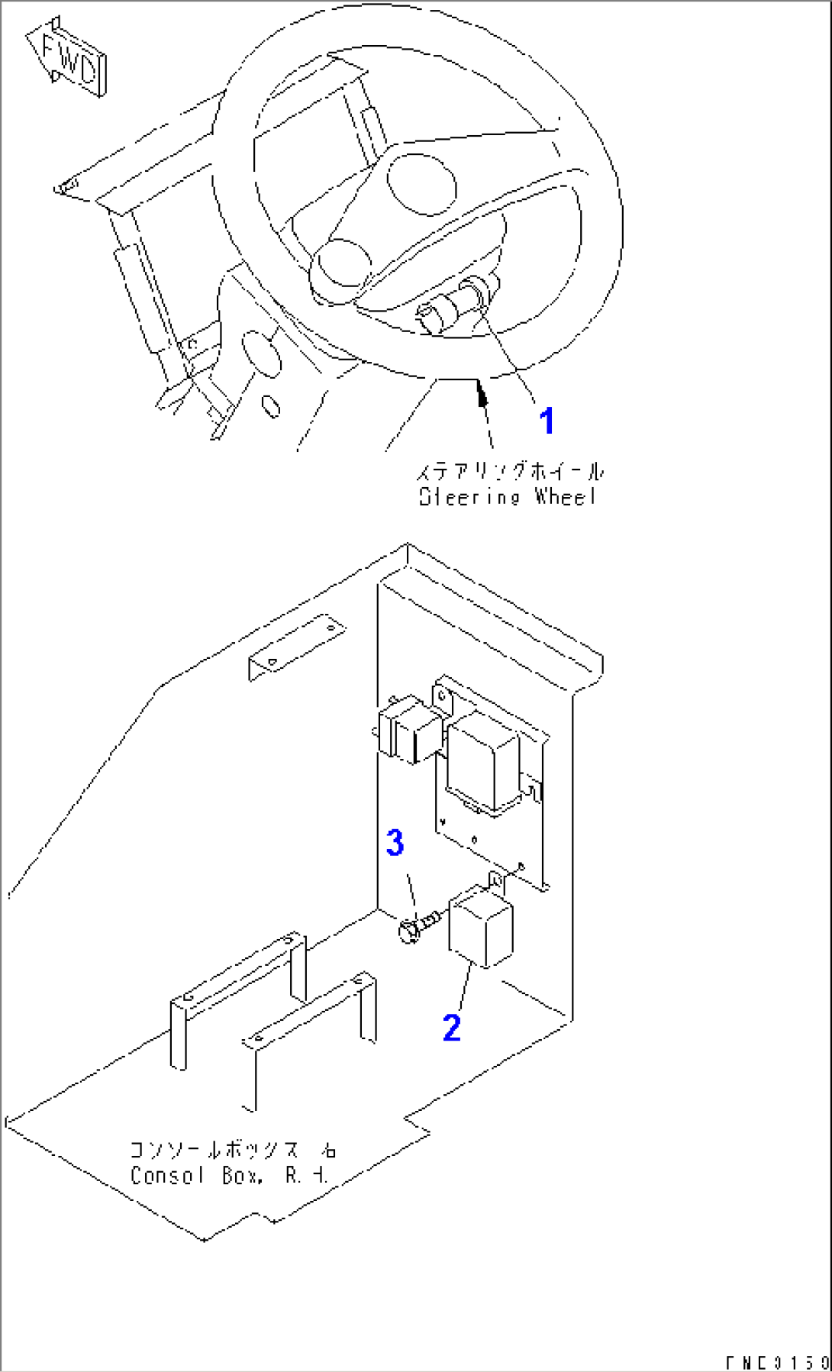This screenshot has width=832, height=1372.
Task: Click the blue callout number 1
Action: (x=547, y=421)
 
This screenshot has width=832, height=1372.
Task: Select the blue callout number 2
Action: (x=451, y=1028)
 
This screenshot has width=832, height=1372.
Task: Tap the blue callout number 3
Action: (x=395, y=844)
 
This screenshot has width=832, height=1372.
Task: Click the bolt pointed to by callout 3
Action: (x=416, y=926)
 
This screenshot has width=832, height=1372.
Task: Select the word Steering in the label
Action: (x=469, y=497)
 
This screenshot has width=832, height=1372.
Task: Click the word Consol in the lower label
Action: (x=168, y=1176)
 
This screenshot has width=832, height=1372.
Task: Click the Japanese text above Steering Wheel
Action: (x=508, y=472)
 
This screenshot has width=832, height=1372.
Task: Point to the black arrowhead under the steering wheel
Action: (x=481, y=395)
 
